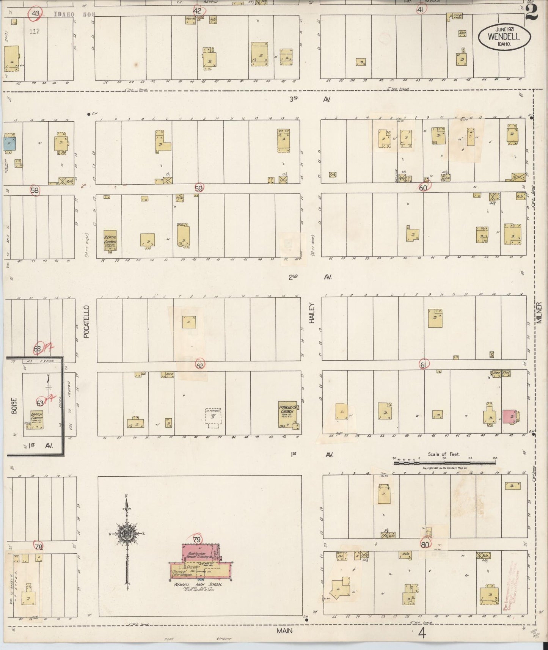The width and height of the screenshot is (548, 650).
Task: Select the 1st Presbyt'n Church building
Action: pyautogui.click(x=287, y=414)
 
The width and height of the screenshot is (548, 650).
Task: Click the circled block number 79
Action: pyautogui.click(x=196, y=540)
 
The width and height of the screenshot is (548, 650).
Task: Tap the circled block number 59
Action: pyautogui.click(x=199, y=188)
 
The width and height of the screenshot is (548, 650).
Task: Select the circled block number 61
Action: pyautogui.click(x=424, y=365)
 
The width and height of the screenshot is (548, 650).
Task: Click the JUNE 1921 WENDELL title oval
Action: pyautogui.click(x=504, y=36)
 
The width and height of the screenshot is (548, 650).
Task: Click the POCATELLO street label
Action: pyautogui.click(x=86, y=321)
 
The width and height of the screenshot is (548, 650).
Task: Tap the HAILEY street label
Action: pyautogui.click(x=312, y=313)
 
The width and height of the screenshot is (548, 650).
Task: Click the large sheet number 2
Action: pyautogui.click(x=532, y=12)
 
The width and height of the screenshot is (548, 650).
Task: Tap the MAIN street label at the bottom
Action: pyautogui.click(x=284, y=630)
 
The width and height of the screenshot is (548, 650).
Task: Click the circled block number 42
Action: pyautogui.click(x=198, y=11)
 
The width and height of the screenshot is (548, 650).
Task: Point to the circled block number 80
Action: pyautogui.click(x=424, y=545)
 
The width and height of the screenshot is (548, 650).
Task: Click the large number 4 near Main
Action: pyautogui.click(x=422, y=633)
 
